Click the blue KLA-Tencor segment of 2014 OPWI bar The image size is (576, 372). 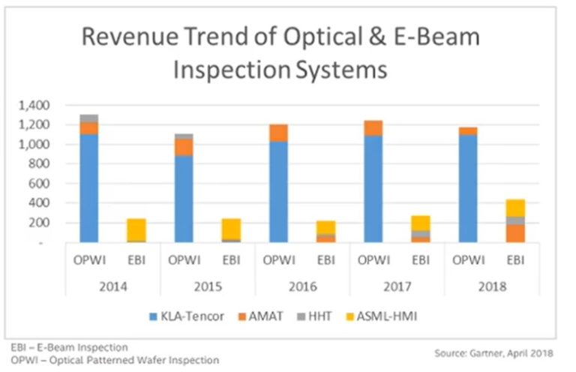pos(88,187)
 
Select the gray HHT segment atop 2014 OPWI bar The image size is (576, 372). pos(88,118)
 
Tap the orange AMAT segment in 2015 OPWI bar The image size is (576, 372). pos(183,147)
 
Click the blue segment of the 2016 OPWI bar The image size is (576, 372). pos(278,191)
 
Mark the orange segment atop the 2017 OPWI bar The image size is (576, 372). pos(373,128)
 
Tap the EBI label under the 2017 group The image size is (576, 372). pos(420,261)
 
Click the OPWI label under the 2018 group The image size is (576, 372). pos(467,261)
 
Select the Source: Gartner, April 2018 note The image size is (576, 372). pos(493,352)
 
